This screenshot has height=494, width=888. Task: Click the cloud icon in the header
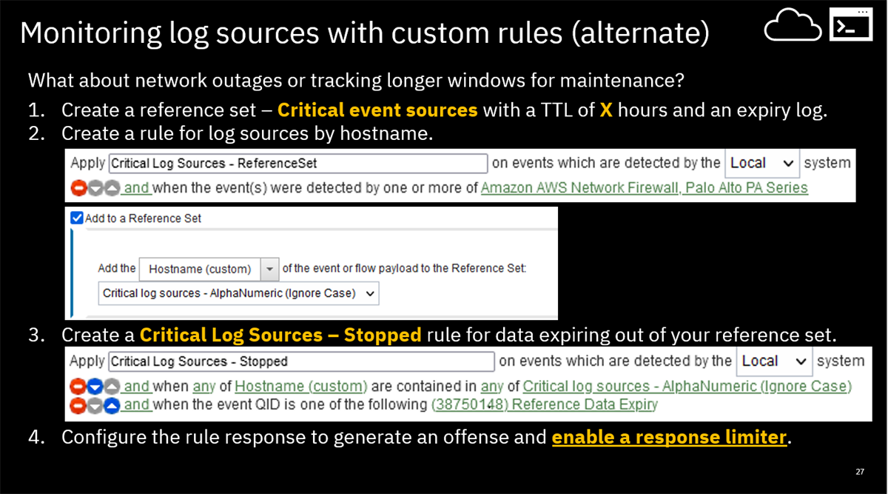click(793, 28)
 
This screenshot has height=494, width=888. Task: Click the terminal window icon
click(850, 27)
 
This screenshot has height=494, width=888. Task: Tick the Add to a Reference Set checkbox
click(76, 218)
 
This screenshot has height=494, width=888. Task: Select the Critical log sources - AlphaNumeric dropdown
click(238, 293)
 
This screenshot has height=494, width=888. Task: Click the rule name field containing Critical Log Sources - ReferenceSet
click(297, 163)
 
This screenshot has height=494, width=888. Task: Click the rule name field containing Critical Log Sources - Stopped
click(300, 361)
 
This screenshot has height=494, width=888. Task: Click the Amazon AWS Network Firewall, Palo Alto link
click(644, 188)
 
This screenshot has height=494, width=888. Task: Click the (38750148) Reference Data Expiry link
click(544, 405)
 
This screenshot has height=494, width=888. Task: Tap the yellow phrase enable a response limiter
click(668, 437)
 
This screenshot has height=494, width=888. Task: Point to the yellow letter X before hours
click(606, 110)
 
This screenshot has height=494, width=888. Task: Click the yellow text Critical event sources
click(377, 110)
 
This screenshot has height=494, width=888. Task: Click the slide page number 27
click(859, 472)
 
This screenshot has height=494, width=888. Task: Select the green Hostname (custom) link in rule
click(300, 387)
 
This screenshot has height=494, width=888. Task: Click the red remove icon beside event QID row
click(77, 405)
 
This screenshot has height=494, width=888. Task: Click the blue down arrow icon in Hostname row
click(94, 387)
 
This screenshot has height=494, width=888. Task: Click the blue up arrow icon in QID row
click(111, 405)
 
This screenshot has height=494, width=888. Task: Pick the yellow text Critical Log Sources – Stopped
click(280, 335)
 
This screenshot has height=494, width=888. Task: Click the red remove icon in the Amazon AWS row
click(77, 188)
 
